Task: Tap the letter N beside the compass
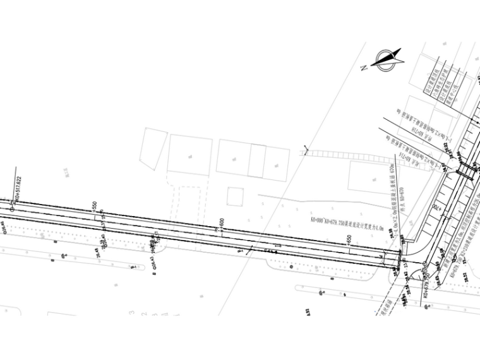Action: click(364, 69)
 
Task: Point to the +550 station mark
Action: click(94, 209)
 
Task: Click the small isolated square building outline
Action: click(235, 196)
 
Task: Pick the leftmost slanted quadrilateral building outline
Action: click(154, 149)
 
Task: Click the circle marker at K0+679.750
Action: click(424, 265)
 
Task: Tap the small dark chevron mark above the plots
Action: click(304, 150)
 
